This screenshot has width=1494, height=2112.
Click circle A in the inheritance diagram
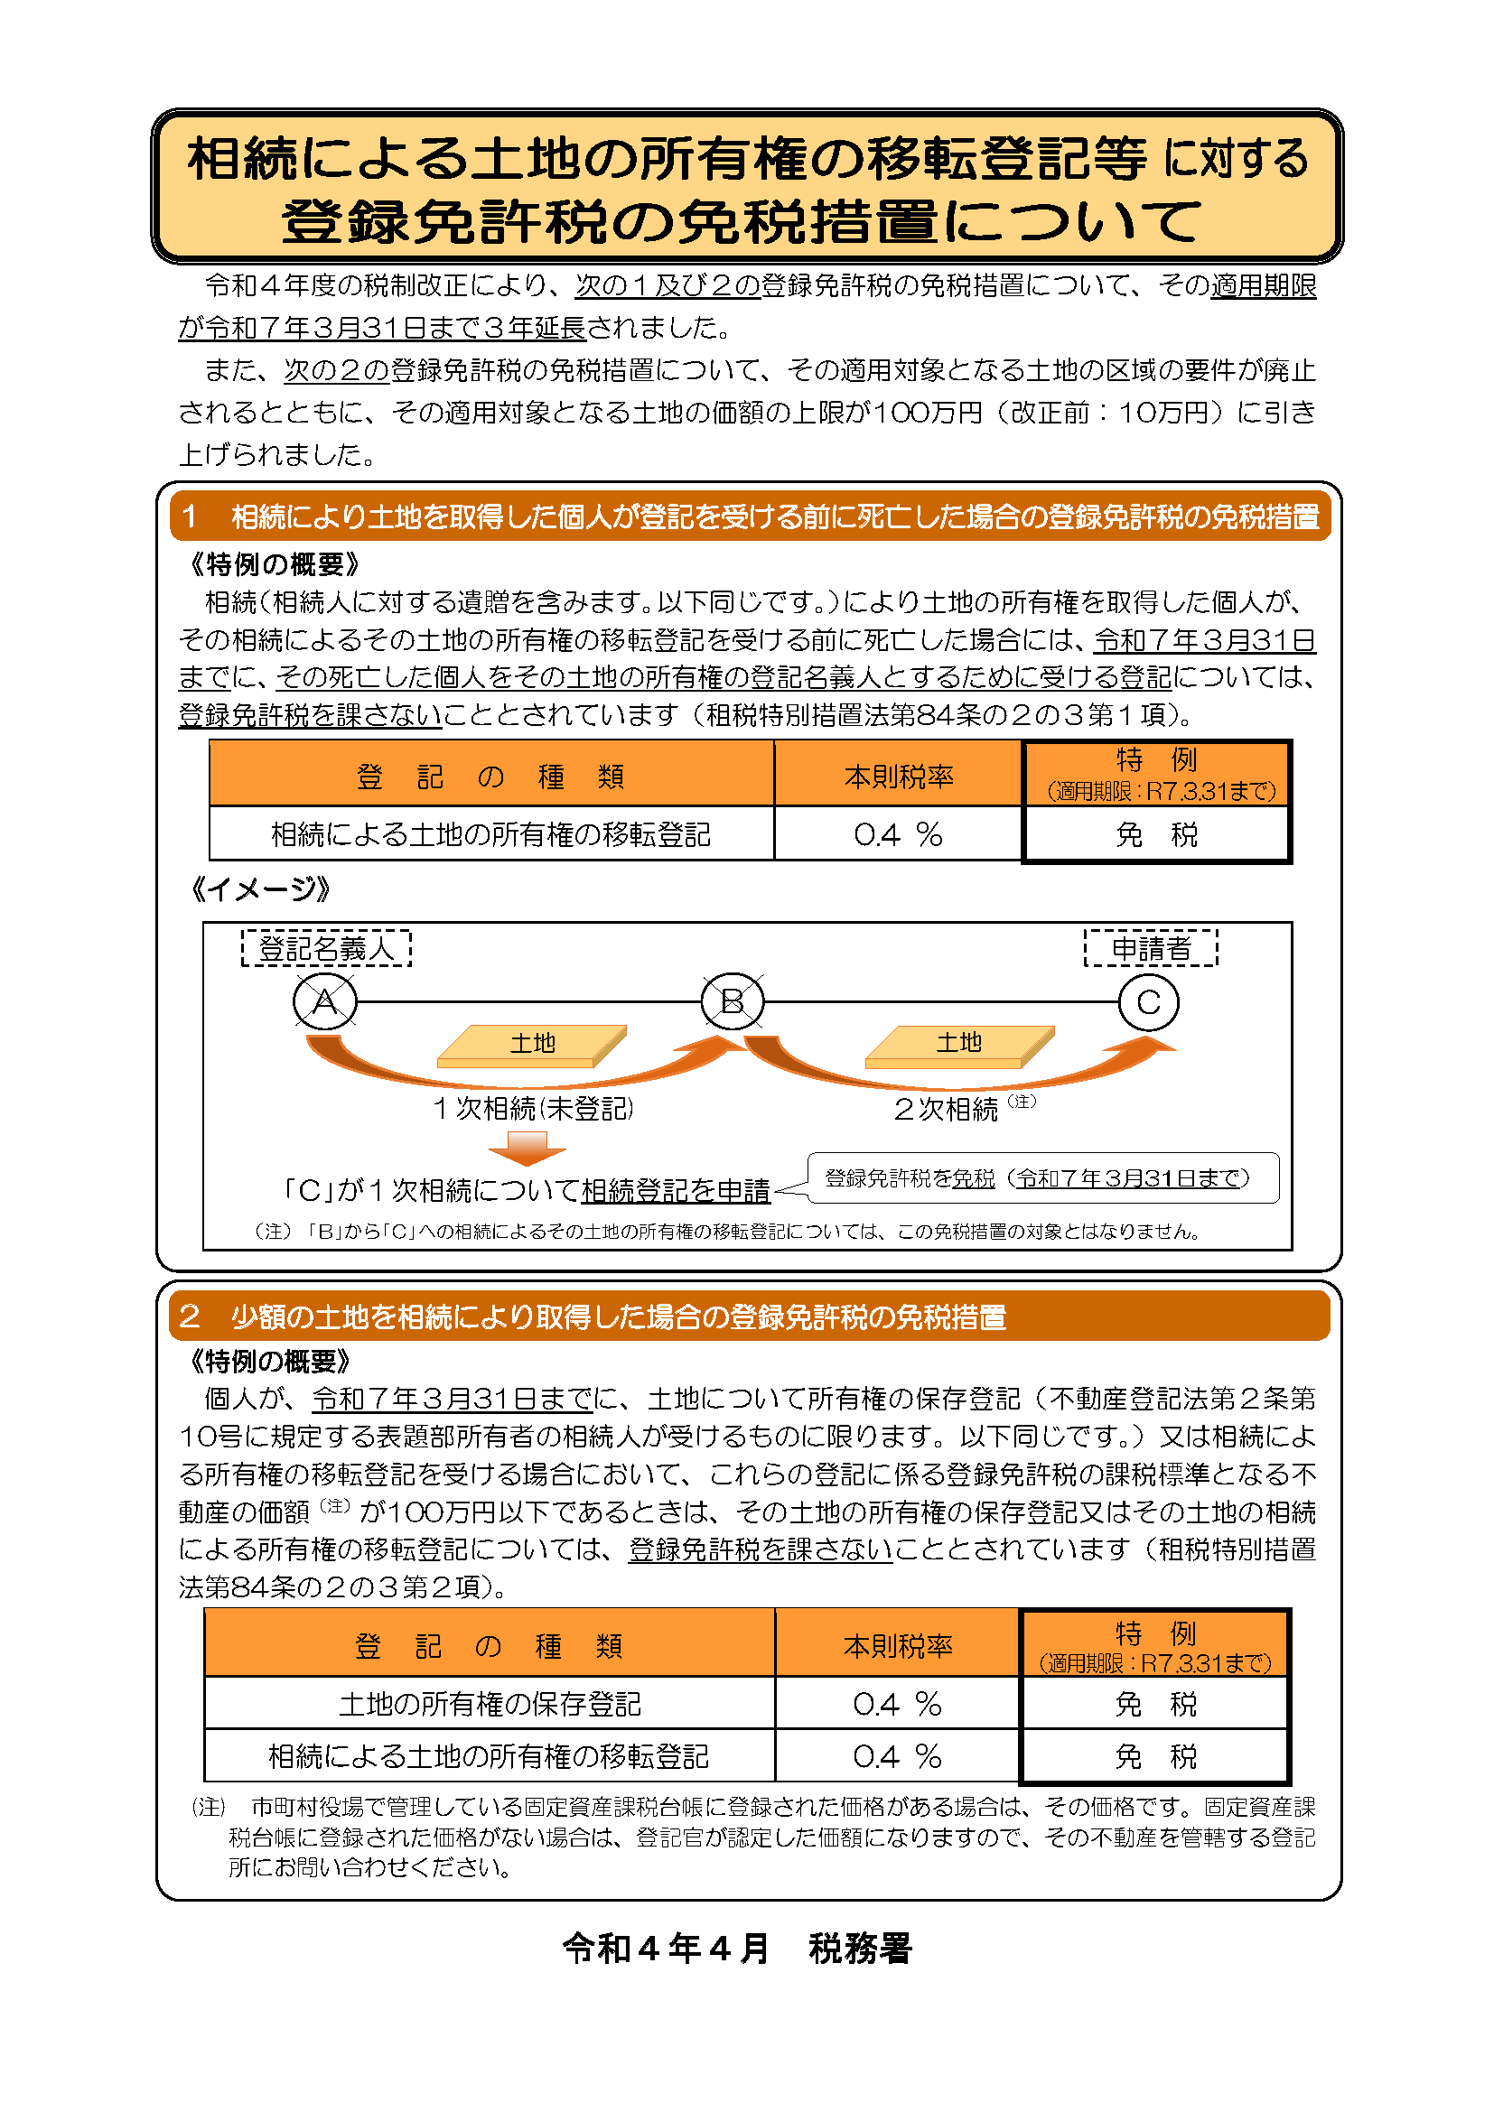click(x=325, y=1001)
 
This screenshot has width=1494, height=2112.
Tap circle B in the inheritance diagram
click(x=733, y=1000)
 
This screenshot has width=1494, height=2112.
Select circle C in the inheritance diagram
click(x=1148, y=1001)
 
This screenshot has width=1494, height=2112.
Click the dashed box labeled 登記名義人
click(x=326, y=947)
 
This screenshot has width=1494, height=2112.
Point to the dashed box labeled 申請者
click(x=1151, y=947)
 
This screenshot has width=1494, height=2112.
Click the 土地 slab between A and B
click(x=532, y=1045)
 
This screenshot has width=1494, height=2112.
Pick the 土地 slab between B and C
click(x=958, y=1045)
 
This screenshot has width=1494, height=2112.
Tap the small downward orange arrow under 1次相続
click(x=528, y=1148)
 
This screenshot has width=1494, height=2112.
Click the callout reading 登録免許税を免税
click(x=1042, y=1178)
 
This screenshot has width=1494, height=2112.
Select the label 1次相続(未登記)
click(x=534, y=1109)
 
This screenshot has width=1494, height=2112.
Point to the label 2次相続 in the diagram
click(x=947, y=1110)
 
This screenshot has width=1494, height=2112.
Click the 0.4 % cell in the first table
click(x=898, y=834)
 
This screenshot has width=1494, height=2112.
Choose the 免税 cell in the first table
click(x=1156, y=834)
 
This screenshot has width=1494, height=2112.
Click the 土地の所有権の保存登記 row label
click(x=490, y=1704)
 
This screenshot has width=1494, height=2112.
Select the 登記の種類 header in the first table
click(x=490, y=777)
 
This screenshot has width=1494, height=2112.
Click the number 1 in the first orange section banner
click(x=189, y=516)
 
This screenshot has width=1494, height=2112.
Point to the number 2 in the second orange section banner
click(x=190, y=1317)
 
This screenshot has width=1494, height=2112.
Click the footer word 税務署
click(x=860, y=1949)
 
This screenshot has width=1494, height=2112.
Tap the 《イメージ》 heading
click(x=258, y=889)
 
